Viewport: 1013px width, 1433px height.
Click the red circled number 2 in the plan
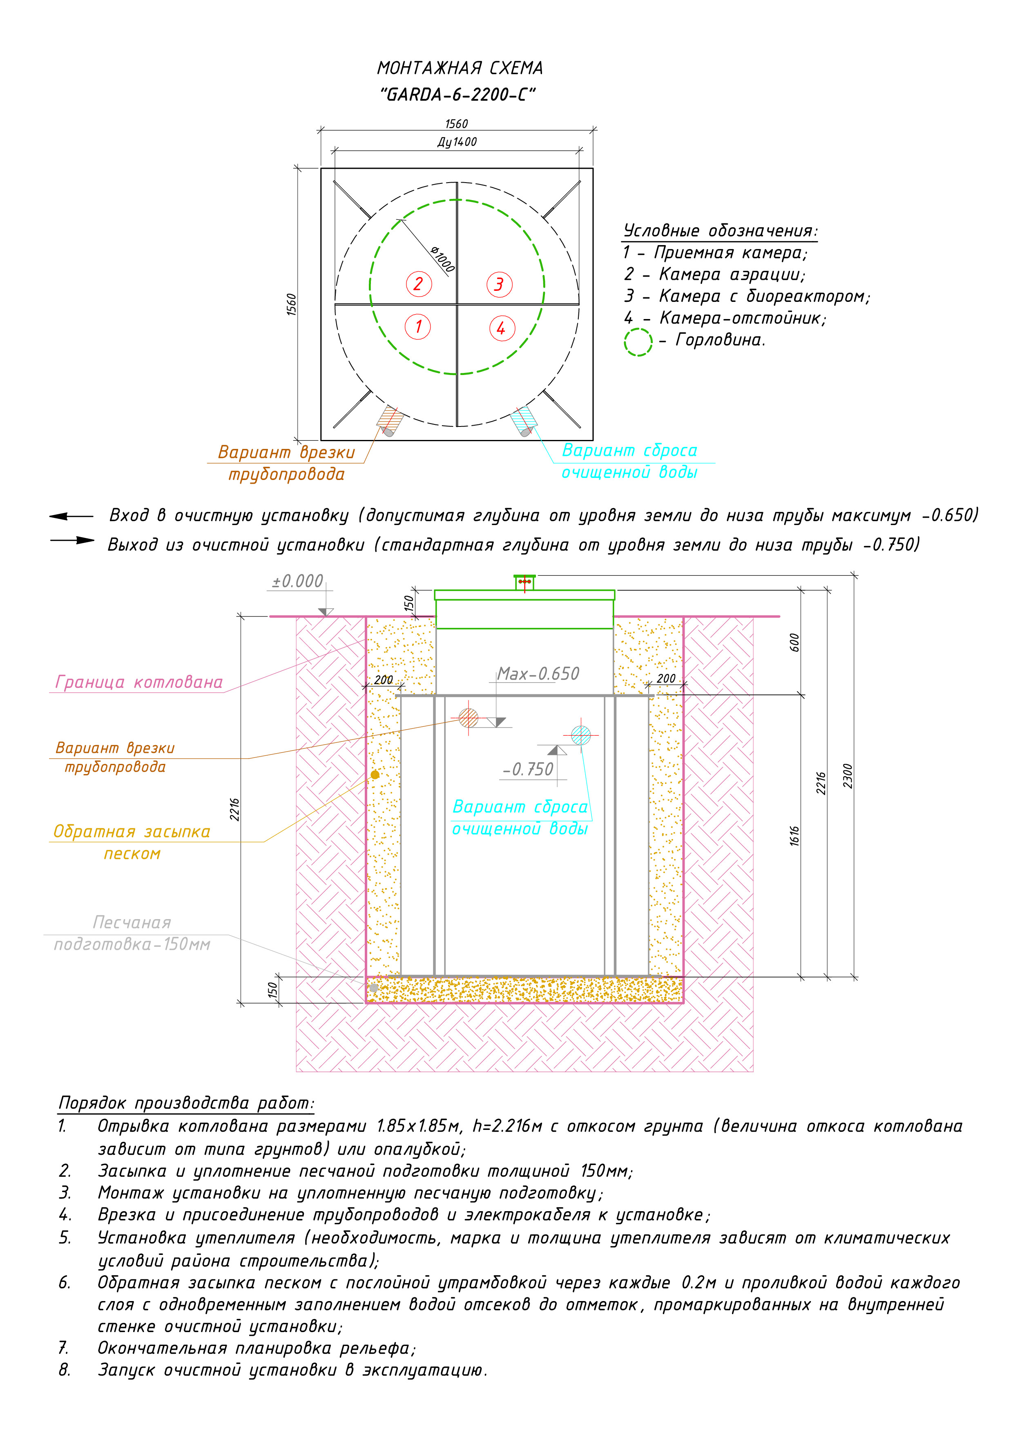coord(418,284)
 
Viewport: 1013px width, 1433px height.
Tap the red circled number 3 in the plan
coord(499,285)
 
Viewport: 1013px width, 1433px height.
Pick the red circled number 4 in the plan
coord(501,328)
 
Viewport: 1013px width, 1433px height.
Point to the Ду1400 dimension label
coord(457,142)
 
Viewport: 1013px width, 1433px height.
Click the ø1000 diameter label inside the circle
coord(442,259)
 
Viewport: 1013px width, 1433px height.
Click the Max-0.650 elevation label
coord(538,674)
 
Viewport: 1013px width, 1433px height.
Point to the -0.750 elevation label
coord(529,770)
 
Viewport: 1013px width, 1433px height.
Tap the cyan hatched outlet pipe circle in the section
coord(581,735)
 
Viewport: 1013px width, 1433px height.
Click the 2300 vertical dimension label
coord(848,775)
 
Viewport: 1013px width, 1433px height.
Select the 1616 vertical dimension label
coord(794,836)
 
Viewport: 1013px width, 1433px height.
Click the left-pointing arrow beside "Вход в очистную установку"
coord(71,516)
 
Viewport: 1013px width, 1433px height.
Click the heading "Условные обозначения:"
coord(720,231)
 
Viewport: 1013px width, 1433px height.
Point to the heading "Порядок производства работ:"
coord(186,1103)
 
